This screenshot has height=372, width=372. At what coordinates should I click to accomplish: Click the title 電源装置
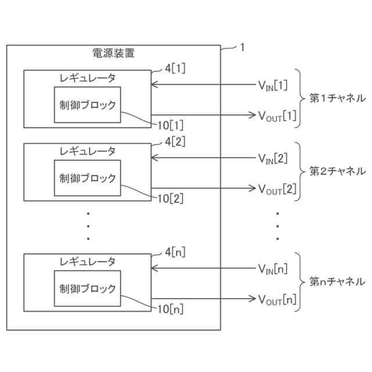point(114,53)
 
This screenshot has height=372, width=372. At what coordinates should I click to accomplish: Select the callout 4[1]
point(176,68)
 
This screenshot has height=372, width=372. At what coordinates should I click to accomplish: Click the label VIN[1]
point(273,86)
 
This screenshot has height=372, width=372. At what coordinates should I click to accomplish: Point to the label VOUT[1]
point(277,115)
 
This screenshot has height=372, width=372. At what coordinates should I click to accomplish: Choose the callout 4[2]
point(176,141)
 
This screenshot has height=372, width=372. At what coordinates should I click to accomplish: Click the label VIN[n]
point(273,269)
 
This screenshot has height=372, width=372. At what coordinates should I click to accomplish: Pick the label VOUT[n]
point(277,299)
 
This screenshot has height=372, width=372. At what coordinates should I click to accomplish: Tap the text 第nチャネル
point(337,282)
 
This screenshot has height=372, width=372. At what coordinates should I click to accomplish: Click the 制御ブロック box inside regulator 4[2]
point(88,178)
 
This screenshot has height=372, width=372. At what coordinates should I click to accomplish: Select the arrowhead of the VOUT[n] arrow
point(252,299)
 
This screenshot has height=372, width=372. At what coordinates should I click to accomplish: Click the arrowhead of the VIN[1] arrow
point(154,86)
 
